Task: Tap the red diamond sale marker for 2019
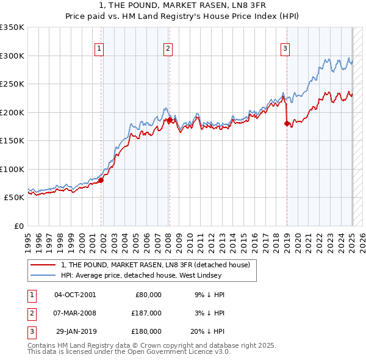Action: (x=287, y=124)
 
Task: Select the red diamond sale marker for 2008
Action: (x=170, y=120)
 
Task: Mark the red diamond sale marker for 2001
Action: (x=101, y=180)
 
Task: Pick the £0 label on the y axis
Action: (x=18, y=226)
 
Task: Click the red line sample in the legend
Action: (x=43, y=265)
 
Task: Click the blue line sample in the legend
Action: (x=43, y=276)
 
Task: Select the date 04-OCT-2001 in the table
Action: (x=75, y=295)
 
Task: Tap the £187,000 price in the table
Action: (x=147, y=313)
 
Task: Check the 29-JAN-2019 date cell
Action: (x=76, y=331)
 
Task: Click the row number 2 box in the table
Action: (x=31, y=313)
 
